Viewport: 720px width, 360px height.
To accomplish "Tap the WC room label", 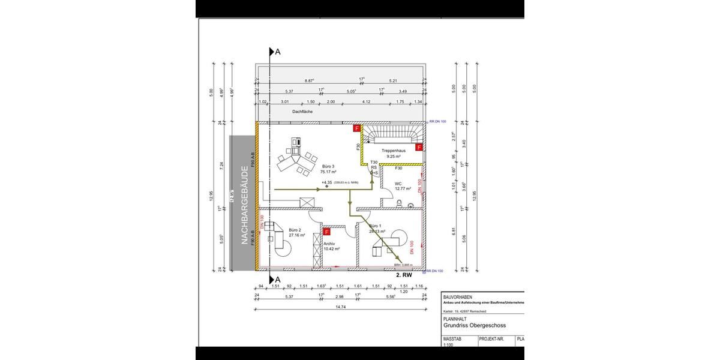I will tap(398, 185).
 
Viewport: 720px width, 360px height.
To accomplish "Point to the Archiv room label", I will tap(329, 244).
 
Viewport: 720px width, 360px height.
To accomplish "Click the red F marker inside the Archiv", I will tap(327, 232).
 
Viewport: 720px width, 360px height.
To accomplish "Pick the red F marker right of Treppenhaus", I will tap(419, 148).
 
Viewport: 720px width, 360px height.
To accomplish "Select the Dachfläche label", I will tap(303, 112).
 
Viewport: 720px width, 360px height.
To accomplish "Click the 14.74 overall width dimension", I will tap(340, 307).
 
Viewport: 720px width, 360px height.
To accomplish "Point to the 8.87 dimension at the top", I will tap(310, 80).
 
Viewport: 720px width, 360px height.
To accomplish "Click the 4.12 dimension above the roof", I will tap(366, 102).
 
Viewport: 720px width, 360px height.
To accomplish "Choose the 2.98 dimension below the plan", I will tap(339, 296).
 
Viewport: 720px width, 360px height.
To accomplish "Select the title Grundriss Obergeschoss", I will tap(474, 326).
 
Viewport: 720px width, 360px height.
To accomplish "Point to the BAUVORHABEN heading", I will tap(458, 297).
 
